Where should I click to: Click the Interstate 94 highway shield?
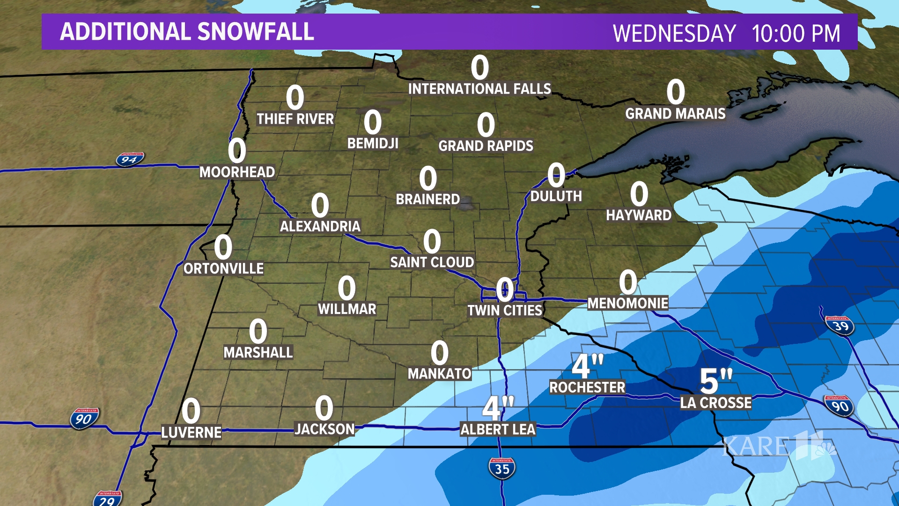click(x=130, y=160)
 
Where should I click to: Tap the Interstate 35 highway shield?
click(x=501, y=468)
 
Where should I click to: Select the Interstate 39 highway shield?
click(x=840, y=326)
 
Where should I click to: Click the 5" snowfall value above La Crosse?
click(x=715, y=381)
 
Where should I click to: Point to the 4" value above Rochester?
click(x=587, y=366)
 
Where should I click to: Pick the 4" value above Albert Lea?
click(x=498, y=408)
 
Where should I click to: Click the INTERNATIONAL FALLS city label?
click(x=479, y=89)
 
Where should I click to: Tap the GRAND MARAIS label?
click(x=675, y=114)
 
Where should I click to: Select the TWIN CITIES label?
click(x=505, y=310)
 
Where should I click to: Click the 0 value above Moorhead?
click(x=237, y=151)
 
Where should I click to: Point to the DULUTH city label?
click(x=556, y=196)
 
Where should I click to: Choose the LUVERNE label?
click(x=191, y=432)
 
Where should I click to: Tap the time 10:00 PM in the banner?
click(x=796, y=34)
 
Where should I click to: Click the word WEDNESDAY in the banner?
click(x=674, y=34)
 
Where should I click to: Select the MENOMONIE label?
click(x=627, y=304)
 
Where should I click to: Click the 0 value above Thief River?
click(x=295, y=98)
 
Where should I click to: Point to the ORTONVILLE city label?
click(x=223, y=268)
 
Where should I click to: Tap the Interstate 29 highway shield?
click(x=108, y=499)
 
